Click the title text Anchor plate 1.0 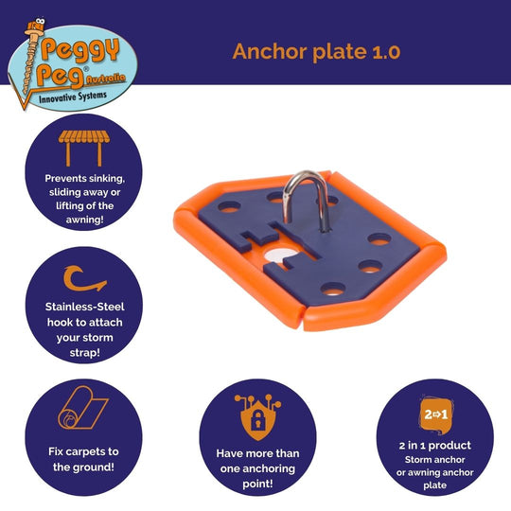coord(316,52)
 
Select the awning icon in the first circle coord(84,149)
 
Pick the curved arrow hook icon coord(84,278)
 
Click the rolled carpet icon coord(82,407)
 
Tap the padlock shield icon coord(257,417)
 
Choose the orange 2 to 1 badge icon coord(435,414)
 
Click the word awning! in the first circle coord(85,220)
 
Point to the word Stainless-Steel coord(85,307)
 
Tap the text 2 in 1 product coord(435,445)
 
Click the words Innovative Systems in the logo coord(73,97)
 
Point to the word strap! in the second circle coord(85,353)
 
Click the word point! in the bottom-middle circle coord(257,484)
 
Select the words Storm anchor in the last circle coord(434,460)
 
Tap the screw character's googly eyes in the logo coord(40,22)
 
